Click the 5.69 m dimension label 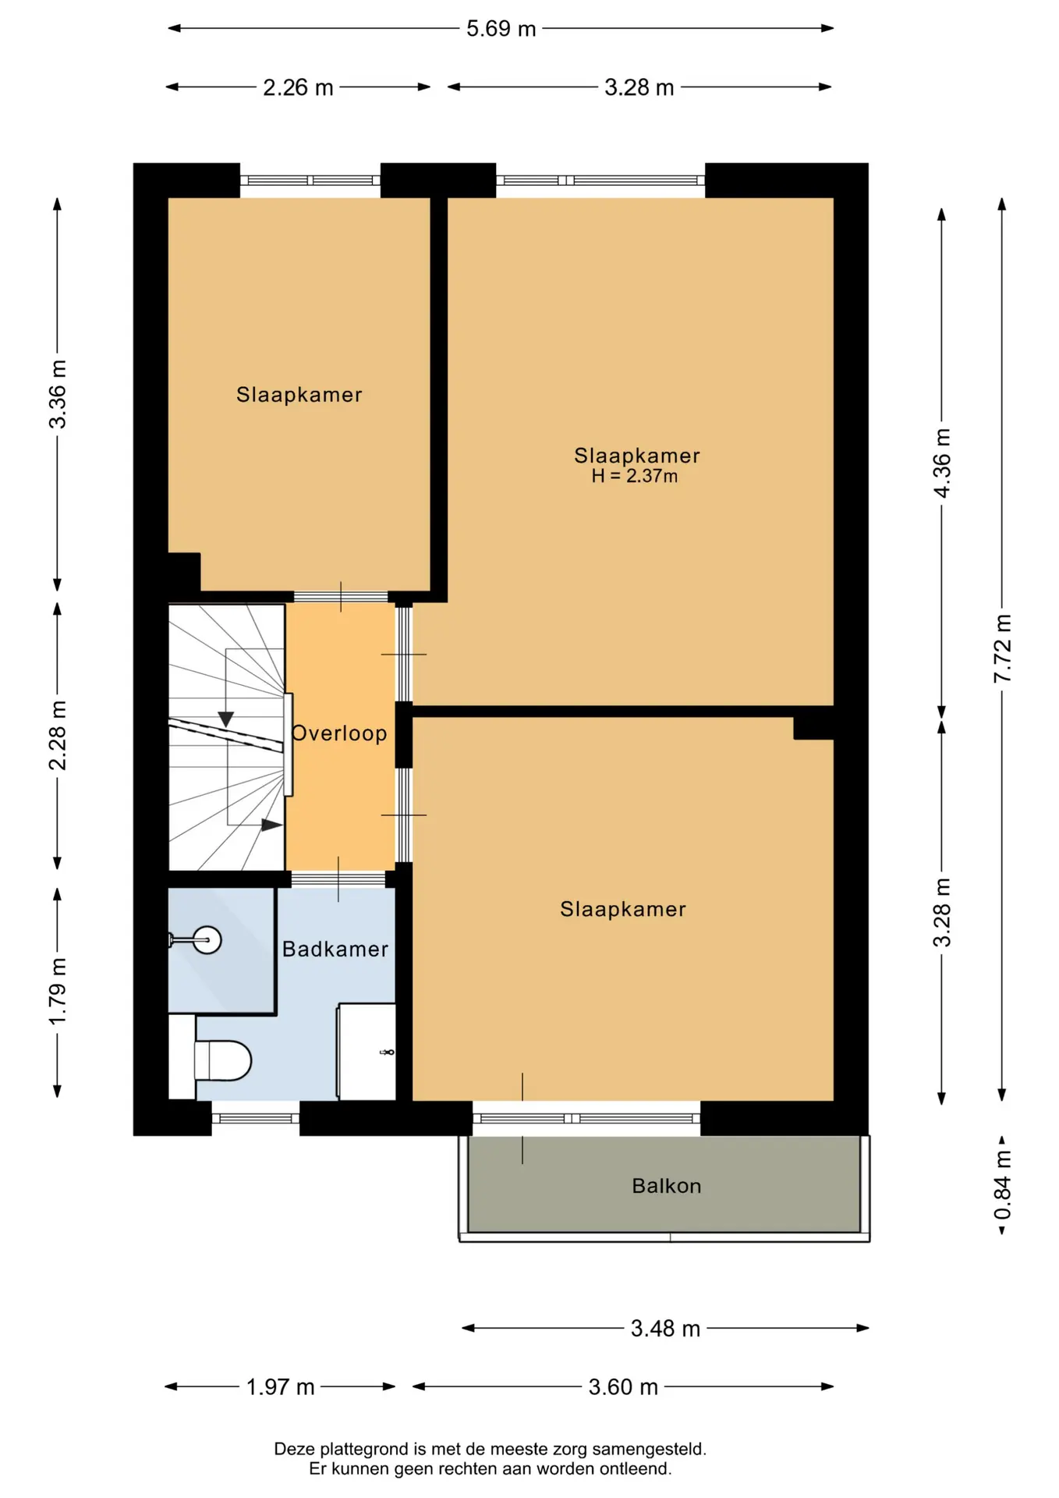(x=501, y=29)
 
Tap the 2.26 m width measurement (x=298, y=87)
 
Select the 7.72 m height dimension (x=1002, y=648)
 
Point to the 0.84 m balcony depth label (x=1002, y=1185)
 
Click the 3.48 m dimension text (x=665, y=1328)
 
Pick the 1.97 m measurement (x=280, y=1386)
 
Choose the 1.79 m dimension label (x=58, y=992)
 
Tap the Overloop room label (x=339, y=733)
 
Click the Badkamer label (x=335, y=949)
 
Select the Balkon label (x=667, y=1186)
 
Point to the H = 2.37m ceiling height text (x=635, y=476)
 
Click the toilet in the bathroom (x=222, y=1060)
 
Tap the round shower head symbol (x=207, y=939)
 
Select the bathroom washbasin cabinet (x=367, y=1052)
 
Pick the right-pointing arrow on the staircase (x=271, y=825)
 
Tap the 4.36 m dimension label (x=942, y=463)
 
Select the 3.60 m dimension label (x=623, y=1386)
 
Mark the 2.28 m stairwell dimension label (x=58, y=736)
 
